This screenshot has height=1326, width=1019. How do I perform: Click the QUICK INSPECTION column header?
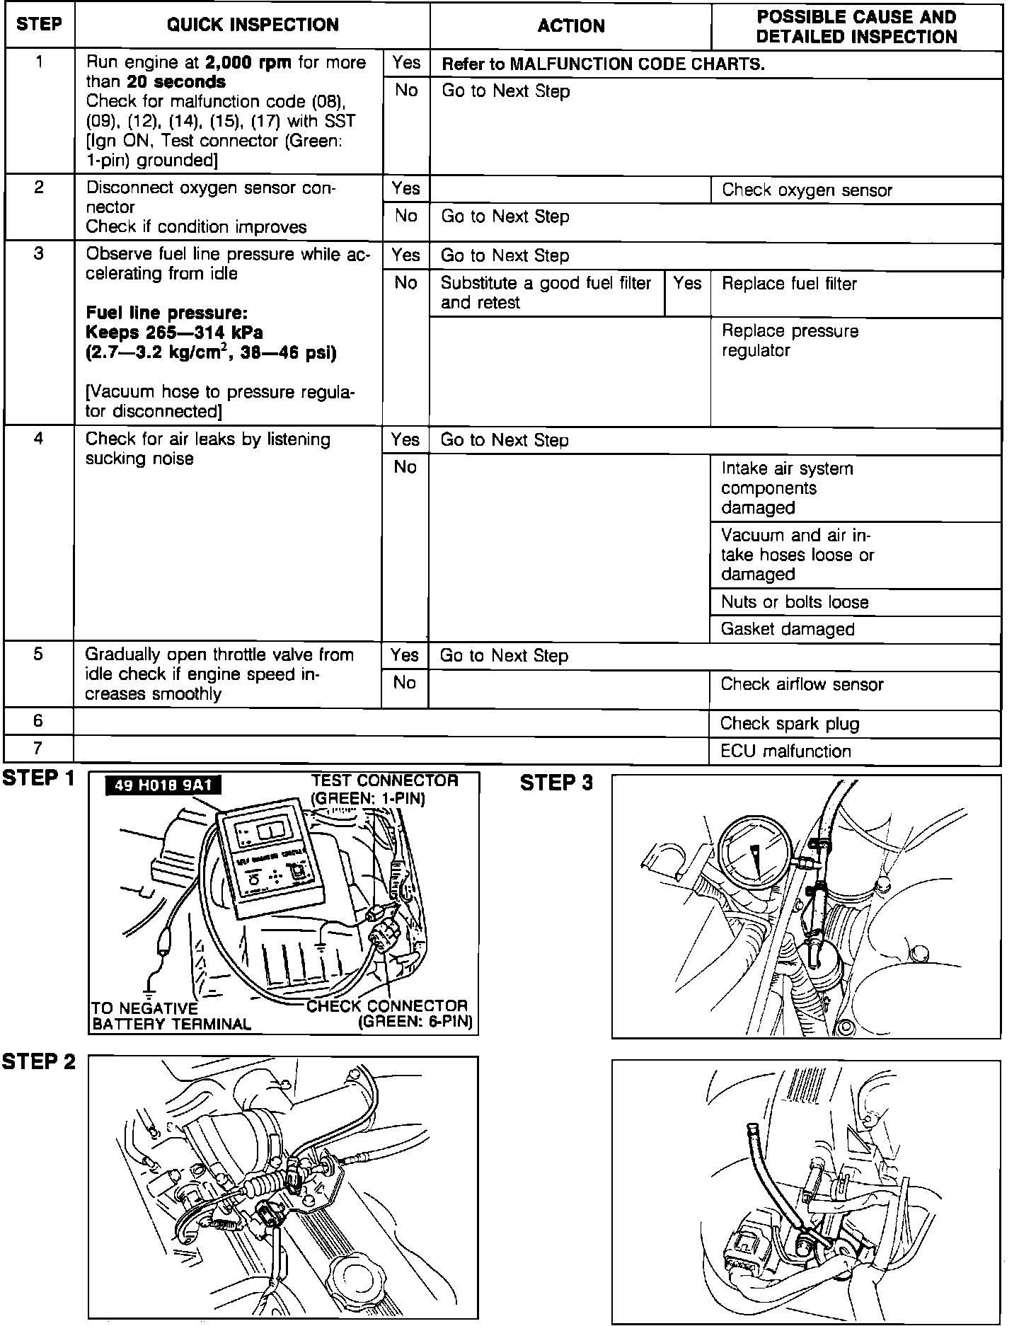(253, 25)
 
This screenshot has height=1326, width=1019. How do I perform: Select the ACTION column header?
(570, 26)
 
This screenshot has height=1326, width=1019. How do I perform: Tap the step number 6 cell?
(39, 721)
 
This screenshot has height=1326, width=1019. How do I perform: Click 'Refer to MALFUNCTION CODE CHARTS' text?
(603, 64)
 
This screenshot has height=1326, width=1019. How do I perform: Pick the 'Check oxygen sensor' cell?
(807, 190)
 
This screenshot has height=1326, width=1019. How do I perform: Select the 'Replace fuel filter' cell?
(789, 284)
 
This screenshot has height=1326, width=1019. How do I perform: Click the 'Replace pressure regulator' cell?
(790, 341)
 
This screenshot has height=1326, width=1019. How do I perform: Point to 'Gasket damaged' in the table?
(788, 630)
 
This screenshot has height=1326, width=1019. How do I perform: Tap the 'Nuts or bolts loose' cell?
(795, 602)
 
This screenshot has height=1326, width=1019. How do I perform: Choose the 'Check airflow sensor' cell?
(802, 684)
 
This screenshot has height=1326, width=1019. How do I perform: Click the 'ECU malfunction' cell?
(785, 751)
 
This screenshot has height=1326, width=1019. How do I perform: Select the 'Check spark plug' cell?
(790, 724)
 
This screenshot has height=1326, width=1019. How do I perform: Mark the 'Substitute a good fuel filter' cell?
(546, 293)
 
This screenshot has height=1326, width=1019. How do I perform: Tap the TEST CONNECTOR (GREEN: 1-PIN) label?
(385, 789)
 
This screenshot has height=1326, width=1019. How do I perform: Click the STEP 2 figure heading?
(39, 1062)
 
